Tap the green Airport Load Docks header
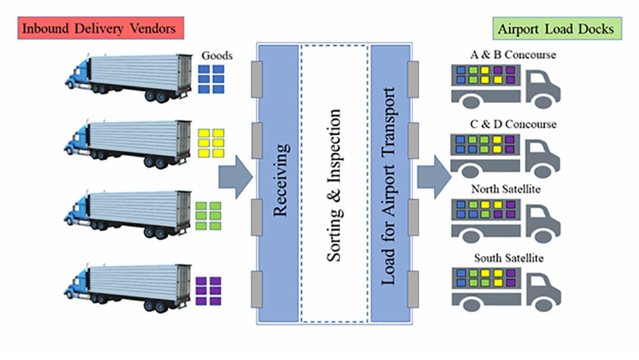click(x=556, y=28)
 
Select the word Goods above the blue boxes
click(x=217, y=56)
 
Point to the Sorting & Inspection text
click(x=334, y=184)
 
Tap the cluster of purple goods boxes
click(x=208, y=290)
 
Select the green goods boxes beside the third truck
click(x=208, y=216)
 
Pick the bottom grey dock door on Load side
click(x=413, y=289)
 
